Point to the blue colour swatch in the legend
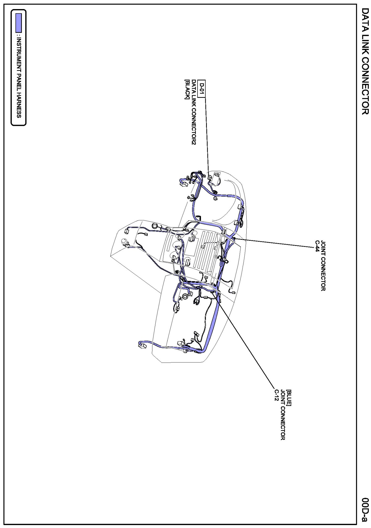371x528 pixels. click(18, 23)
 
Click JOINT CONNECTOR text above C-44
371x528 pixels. click(323, 266)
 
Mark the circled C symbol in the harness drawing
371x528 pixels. click(185, 296)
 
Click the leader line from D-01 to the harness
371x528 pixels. click(207, 133)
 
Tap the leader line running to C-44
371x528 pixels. click(275, 243)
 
